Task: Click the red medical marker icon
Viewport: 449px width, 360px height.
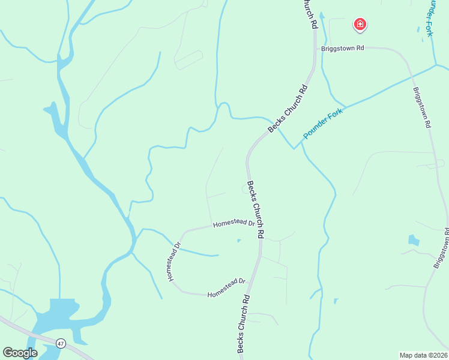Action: tap(360, 24)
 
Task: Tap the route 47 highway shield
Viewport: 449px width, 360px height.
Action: tap(61, 343)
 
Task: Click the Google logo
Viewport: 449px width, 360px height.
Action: tap(20, 353)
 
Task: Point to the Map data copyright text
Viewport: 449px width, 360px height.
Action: tap(423, 355)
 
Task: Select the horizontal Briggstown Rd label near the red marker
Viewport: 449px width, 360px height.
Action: tap(343, 48)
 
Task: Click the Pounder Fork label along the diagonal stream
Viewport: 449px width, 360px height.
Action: tap(322, 124)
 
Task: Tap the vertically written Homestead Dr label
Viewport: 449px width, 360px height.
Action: tap(174, 262)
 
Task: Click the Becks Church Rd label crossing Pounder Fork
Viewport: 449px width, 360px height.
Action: tap(288, 109)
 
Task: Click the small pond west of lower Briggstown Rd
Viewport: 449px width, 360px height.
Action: tap(414, 240)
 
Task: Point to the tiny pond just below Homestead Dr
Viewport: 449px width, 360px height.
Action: tap(239, 241)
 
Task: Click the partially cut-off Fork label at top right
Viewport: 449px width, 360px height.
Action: tap(430, 18)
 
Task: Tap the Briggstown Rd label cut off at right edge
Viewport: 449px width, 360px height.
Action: tap(442, 248)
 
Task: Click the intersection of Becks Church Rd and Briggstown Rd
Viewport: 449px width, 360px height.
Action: tap(316, 48)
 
